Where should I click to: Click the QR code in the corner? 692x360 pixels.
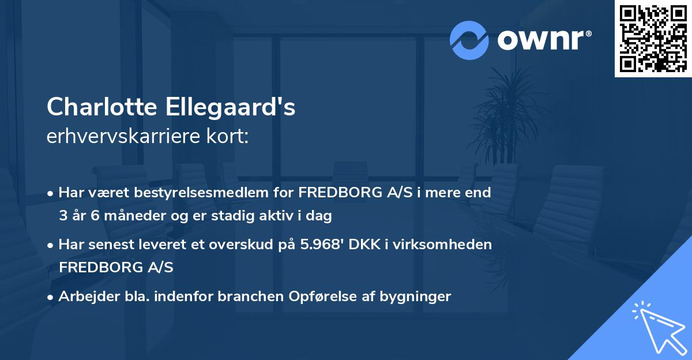[653, 38]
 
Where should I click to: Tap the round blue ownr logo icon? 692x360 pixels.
[469, 40]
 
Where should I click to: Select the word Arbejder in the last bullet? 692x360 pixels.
[84, 297]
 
